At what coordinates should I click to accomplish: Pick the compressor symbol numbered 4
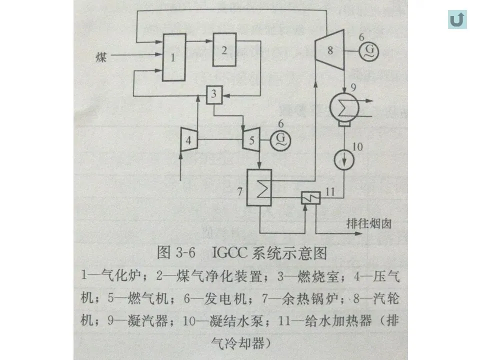(188, 139)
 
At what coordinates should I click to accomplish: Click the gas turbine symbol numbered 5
(251, 139)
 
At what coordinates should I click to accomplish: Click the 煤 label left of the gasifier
(101, 57)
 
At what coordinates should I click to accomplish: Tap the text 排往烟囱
(369, 223)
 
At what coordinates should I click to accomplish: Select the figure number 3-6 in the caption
(185, 253)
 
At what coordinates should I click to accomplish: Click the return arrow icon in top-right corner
(457, 19)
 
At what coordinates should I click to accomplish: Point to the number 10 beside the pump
(357, 146)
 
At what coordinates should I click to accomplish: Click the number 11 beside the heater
(330, 191)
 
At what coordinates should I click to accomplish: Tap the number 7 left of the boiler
(239, 192)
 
